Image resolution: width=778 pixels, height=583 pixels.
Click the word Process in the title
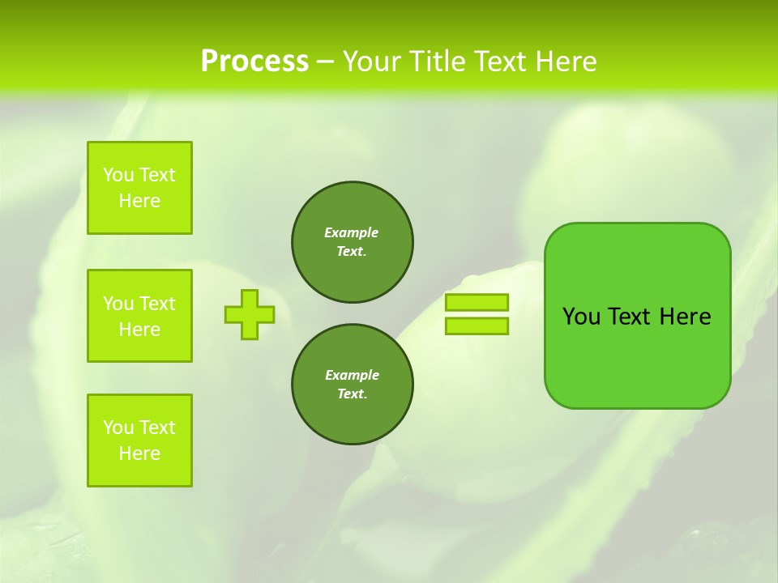coord(254,62)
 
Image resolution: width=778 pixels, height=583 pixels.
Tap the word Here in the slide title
coord(565,62)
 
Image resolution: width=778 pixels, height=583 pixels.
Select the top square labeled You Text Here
coord(139,188)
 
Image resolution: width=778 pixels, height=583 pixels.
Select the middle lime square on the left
coord(139,316)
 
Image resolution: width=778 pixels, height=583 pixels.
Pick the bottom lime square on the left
coord(139,440)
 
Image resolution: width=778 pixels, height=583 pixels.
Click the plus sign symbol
coord(250,314)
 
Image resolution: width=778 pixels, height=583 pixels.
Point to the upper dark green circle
coord(353,242)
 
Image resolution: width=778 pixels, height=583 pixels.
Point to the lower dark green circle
coord(353,385)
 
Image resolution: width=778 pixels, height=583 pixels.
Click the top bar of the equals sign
coord(477,302)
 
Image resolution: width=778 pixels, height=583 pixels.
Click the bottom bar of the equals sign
coord(477,326)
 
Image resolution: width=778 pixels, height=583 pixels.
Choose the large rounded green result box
coord(638,316)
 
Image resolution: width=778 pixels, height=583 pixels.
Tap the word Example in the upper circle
coord(351,232)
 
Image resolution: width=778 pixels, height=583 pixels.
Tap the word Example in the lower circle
coord(352,375)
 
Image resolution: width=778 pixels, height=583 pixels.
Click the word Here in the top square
coord(139,201)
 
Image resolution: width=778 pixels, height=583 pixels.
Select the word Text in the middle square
coord(156,304)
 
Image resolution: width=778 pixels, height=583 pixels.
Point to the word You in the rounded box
coord(581,317)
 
